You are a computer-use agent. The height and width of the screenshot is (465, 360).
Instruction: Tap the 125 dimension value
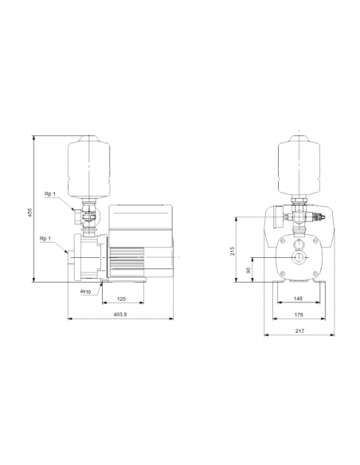pyautogui.click(x=122, y=299)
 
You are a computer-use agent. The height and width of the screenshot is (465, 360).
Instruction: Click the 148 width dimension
pyautogui.click(x=296, y=299)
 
